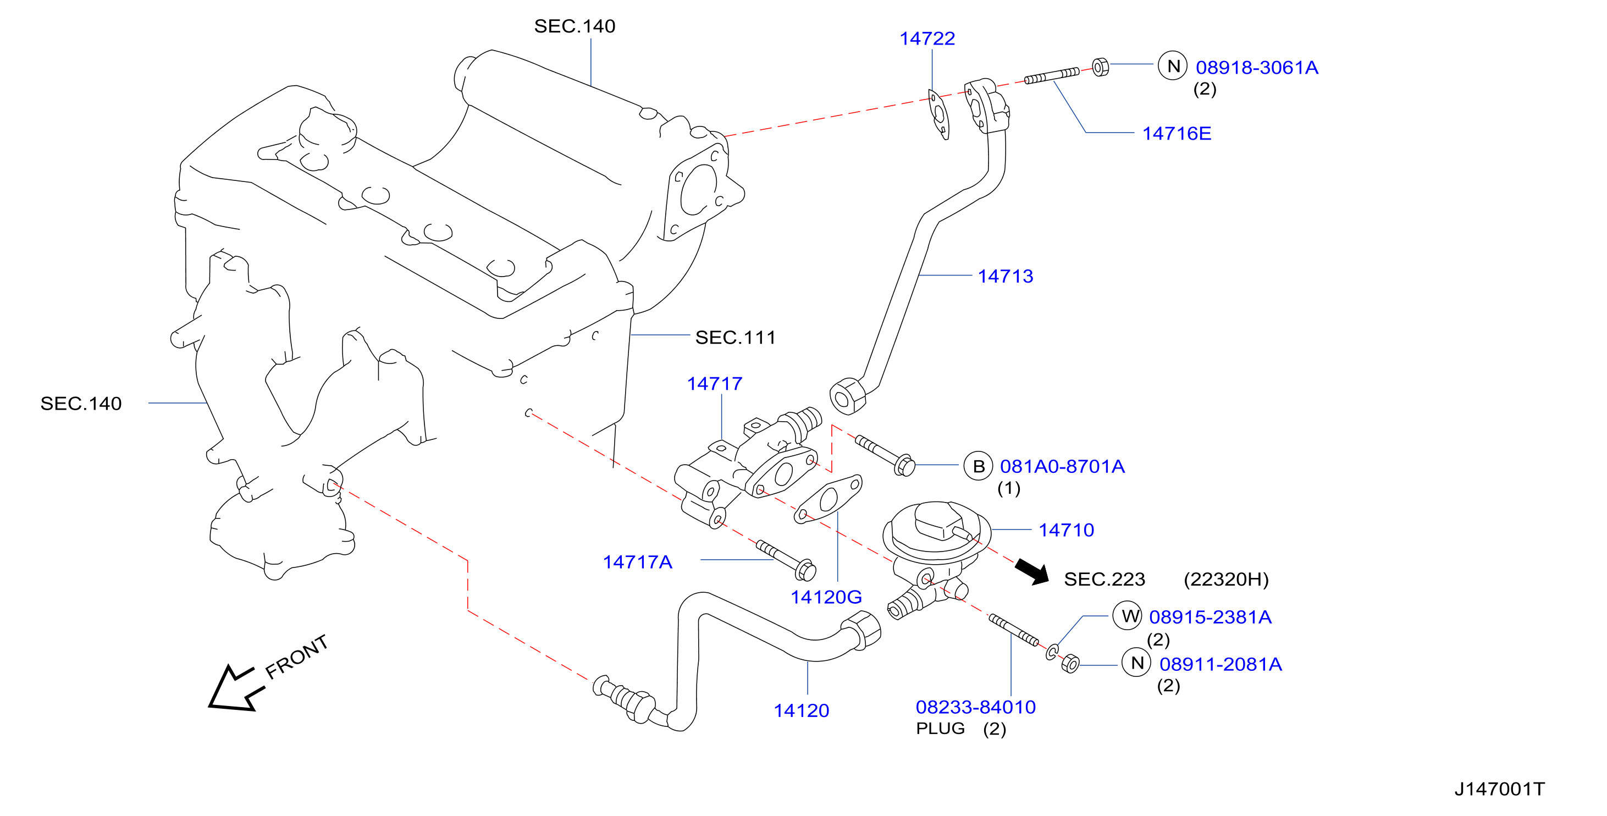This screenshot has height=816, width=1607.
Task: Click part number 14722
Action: pyautogui.click(x=927, y=38)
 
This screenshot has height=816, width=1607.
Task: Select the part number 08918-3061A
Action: pyautogui.click(x=1257, y=68)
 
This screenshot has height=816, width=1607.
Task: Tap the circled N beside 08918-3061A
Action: pyautogui.click(x=1173, y=65)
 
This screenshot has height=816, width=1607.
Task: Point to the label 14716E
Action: pyautogui.click(x=1177, y=134)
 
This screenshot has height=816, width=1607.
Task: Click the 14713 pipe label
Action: pyautogui.click(x=1005, y=277)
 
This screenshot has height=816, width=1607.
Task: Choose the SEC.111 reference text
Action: pyautogui.click(x=736, y=338)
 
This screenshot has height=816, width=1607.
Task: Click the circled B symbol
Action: pyautogui.click(x=978, y=466)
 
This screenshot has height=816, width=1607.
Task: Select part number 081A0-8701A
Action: pyautogui.click(x=1062, y=467)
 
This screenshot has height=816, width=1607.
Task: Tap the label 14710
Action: pyautogui.click(x=1066, y=530)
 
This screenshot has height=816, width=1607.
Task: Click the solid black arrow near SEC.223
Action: pyautogui.click(x=1032, y=571)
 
